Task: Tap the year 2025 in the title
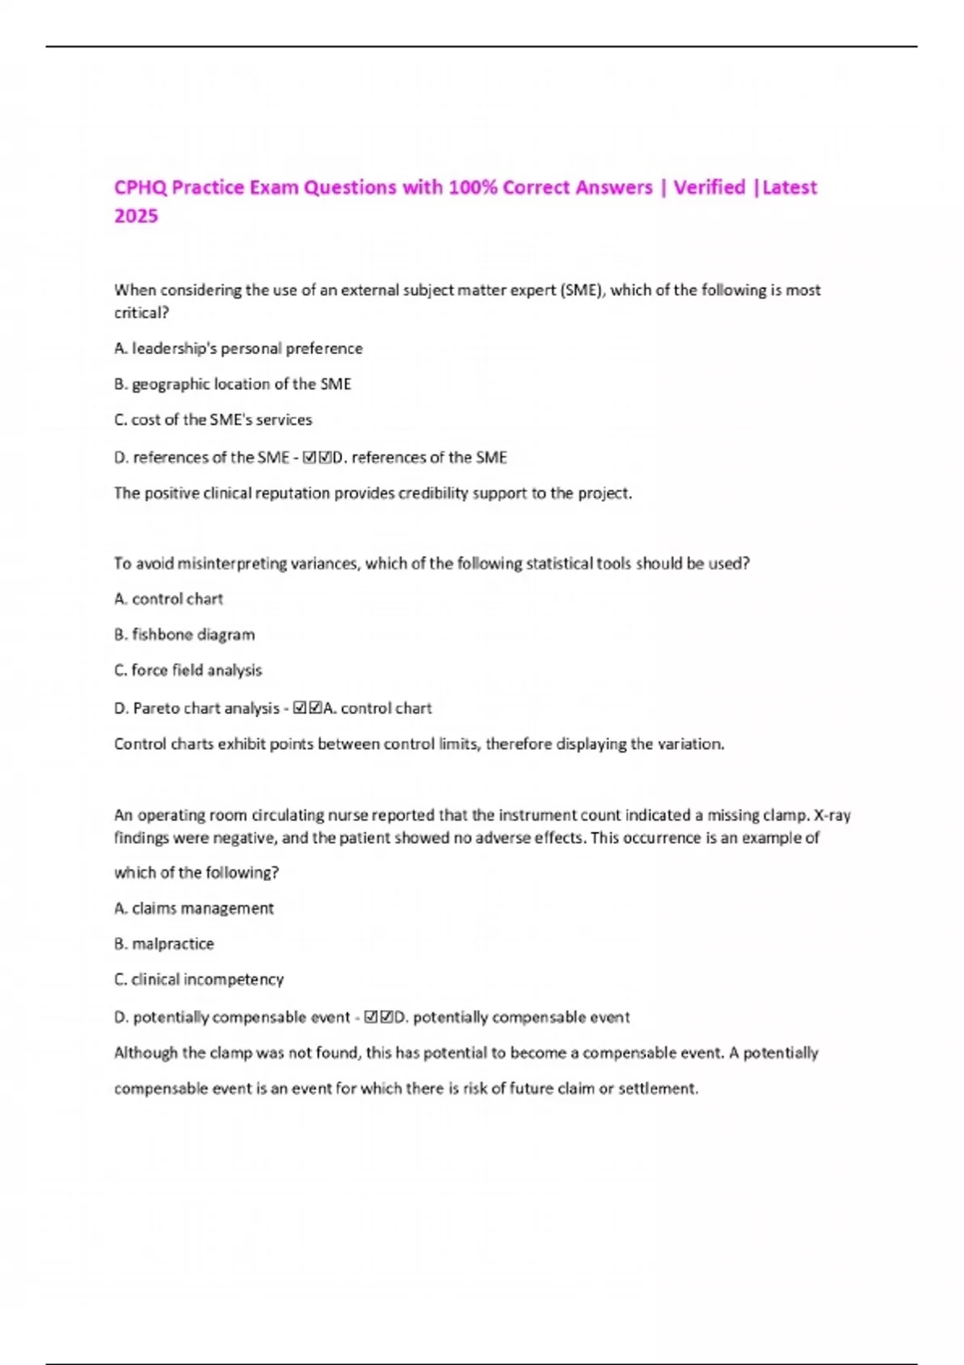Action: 136,216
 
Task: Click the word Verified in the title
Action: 709,188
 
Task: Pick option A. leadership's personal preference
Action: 239,348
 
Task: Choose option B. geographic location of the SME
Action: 233,384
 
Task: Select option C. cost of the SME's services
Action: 213,419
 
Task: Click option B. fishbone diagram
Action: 185,634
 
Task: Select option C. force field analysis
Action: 188,670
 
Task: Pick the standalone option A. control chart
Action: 169,599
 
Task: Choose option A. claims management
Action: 194,908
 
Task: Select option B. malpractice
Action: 164,943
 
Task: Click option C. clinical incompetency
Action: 199,979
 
